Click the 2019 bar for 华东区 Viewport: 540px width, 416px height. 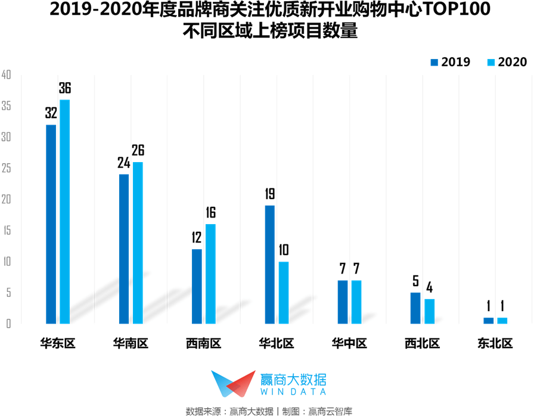point(51,224)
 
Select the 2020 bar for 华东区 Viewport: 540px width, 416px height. point(64,212)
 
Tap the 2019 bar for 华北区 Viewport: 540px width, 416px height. point(270,265)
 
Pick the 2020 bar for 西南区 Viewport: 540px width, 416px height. point(210,274)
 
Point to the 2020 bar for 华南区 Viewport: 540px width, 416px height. point(138,243)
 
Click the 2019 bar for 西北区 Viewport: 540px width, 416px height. point(415,308)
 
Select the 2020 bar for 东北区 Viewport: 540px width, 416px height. point(502,321)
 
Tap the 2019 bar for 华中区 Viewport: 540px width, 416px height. point(343,302)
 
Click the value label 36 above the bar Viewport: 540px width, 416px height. point(64,89)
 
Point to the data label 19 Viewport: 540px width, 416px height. point(270,194)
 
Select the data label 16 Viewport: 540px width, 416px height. point(210,213)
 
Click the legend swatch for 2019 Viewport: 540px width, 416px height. point(435,62)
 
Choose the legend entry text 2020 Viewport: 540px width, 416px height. point(513,62)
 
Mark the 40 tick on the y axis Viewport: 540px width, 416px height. point(7,75)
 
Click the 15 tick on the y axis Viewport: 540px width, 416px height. point(7,230)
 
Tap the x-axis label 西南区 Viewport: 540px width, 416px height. point(203,343)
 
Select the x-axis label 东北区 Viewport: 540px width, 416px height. point(495,343)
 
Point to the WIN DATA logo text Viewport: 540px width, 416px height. point(293,392)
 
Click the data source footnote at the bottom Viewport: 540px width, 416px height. point(270,411)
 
